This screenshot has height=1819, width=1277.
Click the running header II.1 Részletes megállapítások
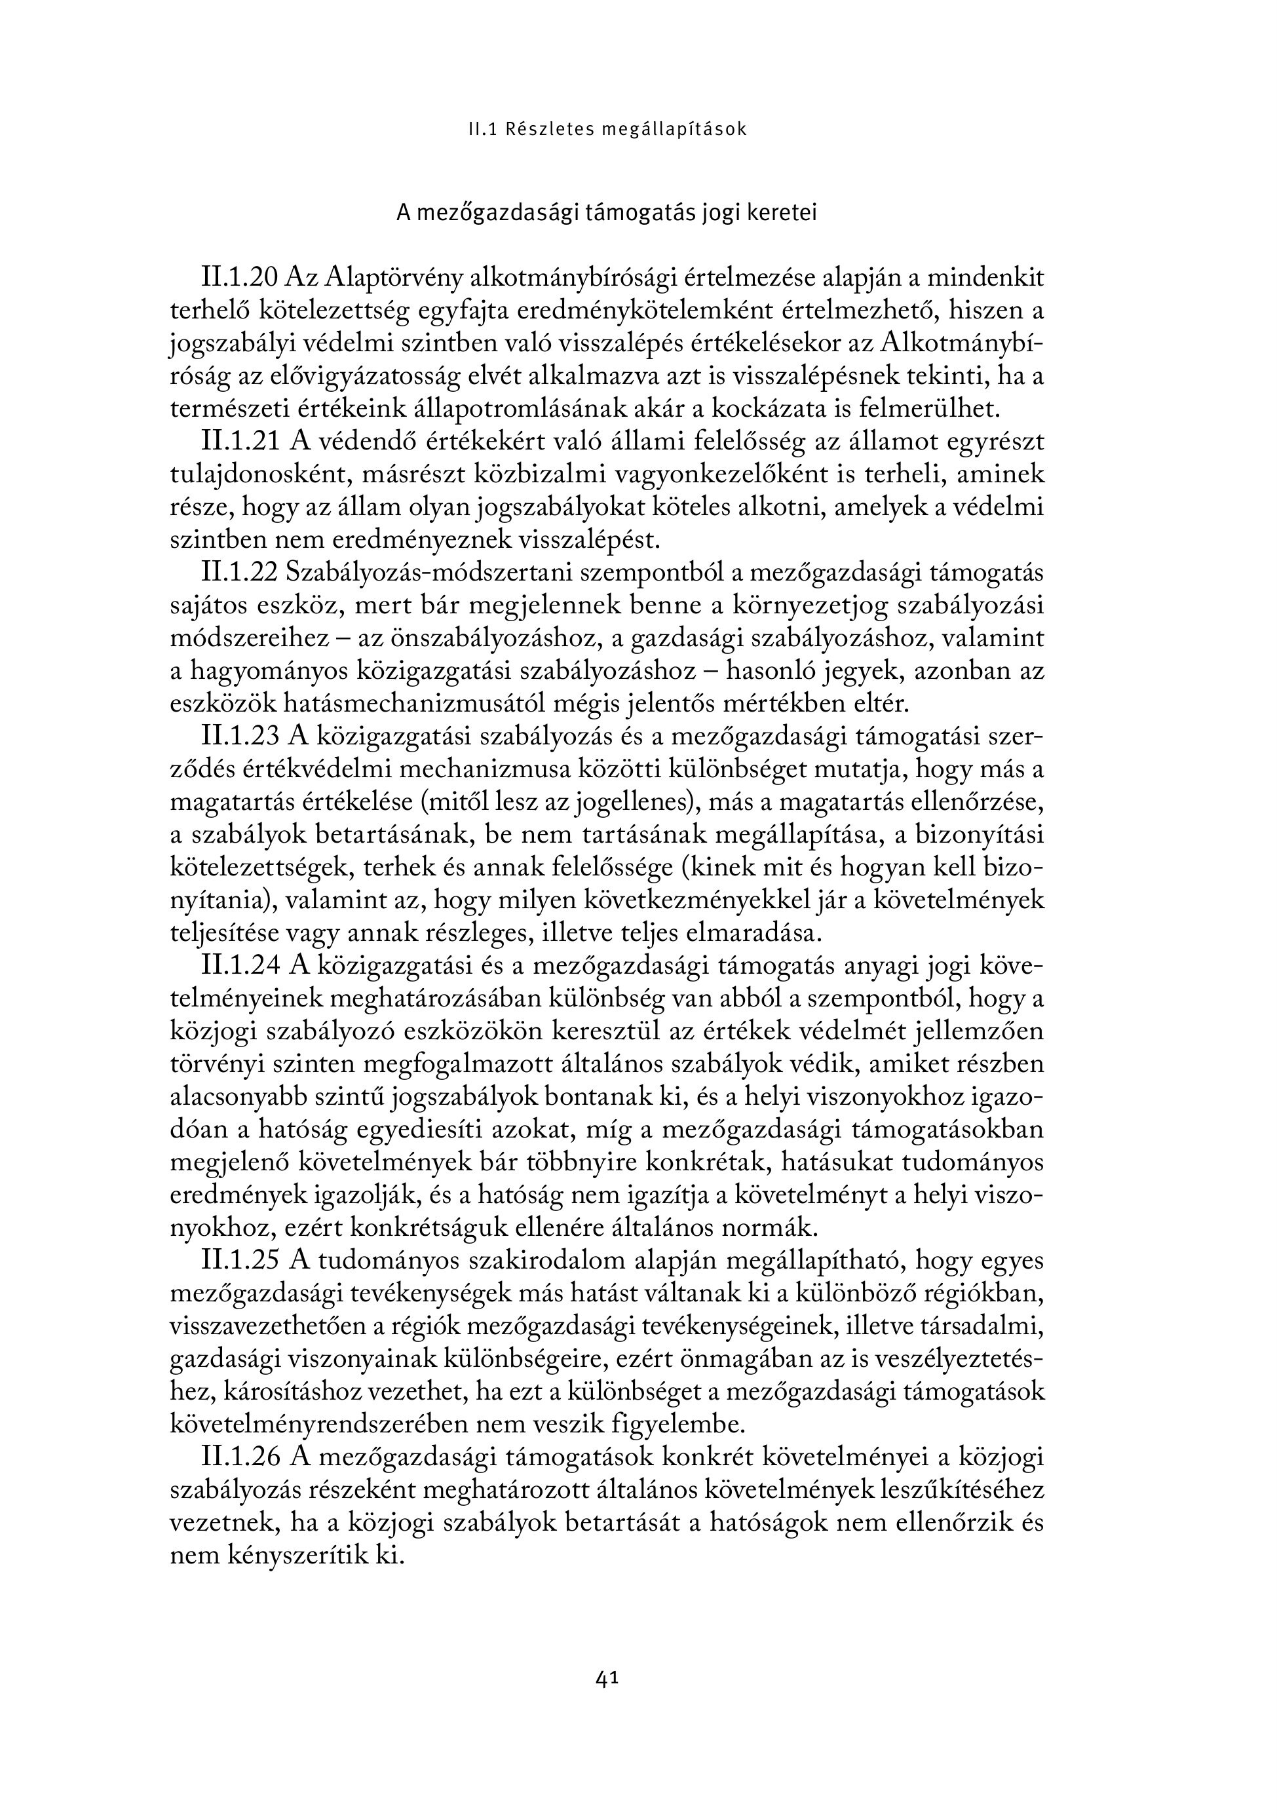coord(607,129)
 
